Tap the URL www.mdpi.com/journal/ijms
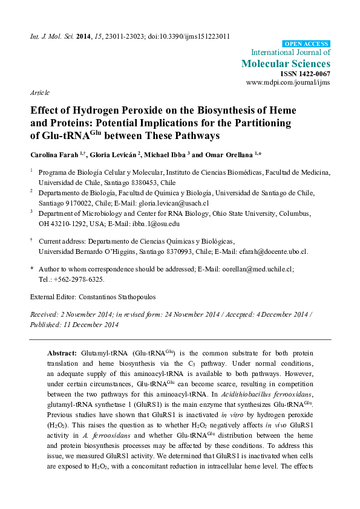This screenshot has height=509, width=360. (288, 82)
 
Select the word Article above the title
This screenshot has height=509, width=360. (40, 92)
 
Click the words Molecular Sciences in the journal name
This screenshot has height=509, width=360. (286, 63)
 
